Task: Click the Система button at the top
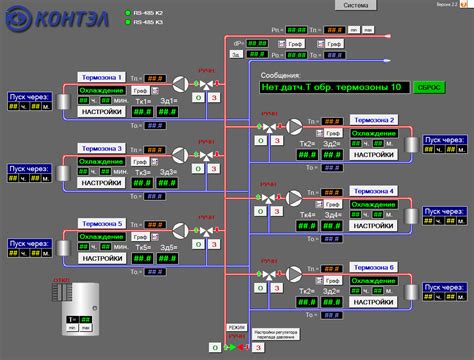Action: click(357, 5)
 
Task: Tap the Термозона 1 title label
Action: click(101, 77)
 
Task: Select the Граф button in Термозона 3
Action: click(141, 160)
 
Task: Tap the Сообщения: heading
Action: click(281, 74)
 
